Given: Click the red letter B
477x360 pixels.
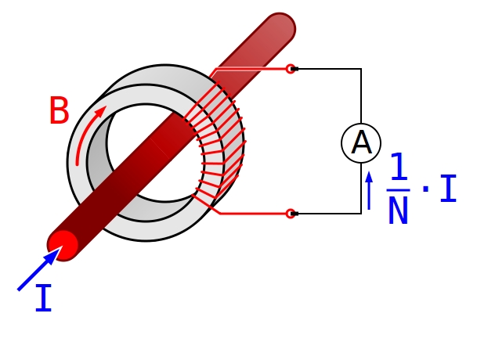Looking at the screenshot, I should click(x=59, y=111).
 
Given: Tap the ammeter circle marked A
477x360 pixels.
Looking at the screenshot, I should click(x=361, y=143).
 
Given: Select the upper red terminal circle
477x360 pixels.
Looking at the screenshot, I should click(x=291, y=69).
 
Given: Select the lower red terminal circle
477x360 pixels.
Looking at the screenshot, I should click(x=291, y=213).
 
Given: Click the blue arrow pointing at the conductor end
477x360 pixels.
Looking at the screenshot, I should click(x=38, y=270).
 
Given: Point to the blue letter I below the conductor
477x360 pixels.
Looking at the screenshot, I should click(x=44, y=300).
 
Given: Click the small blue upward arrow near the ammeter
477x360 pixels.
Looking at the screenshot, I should click(x=369, y=190).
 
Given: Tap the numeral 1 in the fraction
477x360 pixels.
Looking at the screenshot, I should click(x=399, y=168).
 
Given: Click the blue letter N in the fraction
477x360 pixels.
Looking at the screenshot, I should click(x=398, y=211).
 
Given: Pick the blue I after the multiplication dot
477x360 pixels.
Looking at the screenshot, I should click(x=447, y=189).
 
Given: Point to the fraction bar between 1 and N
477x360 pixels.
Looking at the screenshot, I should click(x=398, y=189).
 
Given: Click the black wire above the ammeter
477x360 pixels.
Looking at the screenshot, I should click(x=360, y=94).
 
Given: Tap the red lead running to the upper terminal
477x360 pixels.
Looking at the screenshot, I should click(x=251, y=69).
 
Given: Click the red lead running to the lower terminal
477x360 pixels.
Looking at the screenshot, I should click(x=251, y=213).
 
